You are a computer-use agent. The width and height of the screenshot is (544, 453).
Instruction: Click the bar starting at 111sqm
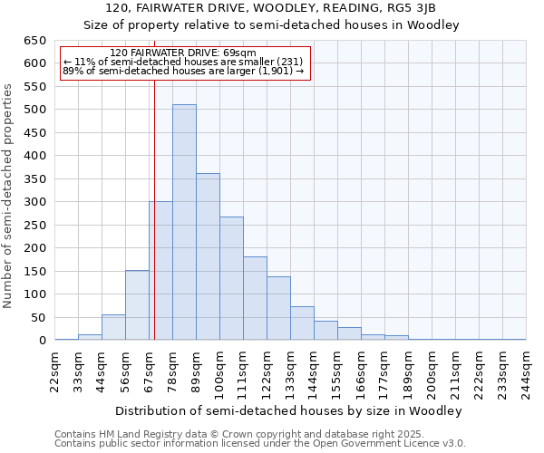pyautogui.click(x=255, y=298)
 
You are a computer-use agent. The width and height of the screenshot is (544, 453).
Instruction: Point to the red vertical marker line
pyautogui.click(x=154, y=226)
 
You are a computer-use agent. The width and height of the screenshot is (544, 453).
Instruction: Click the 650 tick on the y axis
pyautogui.click(x=34, y=41)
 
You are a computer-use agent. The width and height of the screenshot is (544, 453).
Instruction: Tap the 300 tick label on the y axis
pyautogui.click(x=34, y=202)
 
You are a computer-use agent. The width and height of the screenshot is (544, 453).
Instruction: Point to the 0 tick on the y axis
pyautogui.click(x=42, y=341)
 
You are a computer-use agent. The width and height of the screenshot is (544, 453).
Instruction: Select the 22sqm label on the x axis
pyautogui.click(x=54, y=370)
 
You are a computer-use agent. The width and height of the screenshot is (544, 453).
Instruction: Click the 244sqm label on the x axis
pyautogui.click(x=526, y=370)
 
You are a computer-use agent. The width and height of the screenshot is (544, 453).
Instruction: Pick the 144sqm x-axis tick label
pyautogui.click(x=314, y=370)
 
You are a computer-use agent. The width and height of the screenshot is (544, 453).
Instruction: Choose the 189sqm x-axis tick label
pyautogui.click(x=408, y=370)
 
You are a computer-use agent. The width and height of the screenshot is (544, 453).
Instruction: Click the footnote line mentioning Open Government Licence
pyautogui.click(x=260, y=443)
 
